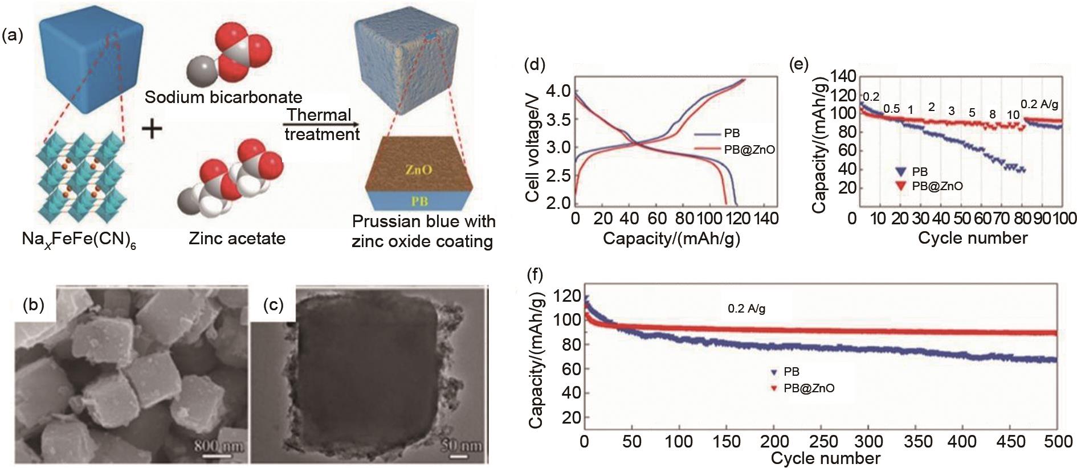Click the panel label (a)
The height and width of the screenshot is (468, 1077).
(13, 36)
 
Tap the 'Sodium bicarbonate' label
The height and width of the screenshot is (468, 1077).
(223, 97)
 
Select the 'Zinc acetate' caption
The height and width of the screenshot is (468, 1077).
(237, 238)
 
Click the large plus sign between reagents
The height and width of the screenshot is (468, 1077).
(152, 129)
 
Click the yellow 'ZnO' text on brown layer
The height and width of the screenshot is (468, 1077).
(419, 169)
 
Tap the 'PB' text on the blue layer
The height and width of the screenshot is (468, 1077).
(419, 200)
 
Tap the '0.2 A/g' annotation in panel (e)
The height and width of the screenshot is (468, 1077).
(1039, 104)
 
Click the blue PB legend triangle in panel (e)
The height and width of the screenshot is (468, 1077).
(900, 171)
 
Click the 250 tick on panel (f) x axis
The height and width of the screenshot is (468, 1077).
(821, 442)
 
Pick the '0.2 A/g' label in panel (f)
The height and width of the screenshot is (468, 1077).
(746, 309)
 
